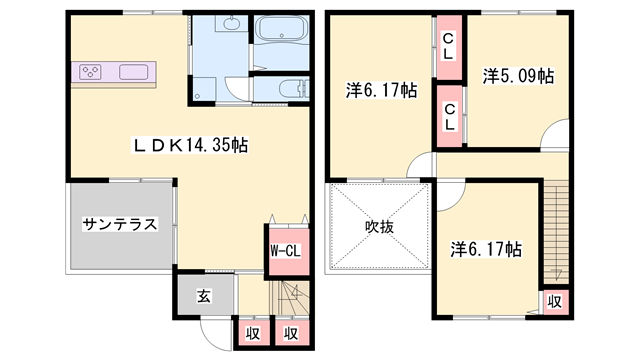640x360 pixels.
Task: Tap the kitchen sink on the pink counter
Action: point(134,72)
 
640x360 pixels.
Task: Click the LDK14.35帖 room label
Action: point(190,145)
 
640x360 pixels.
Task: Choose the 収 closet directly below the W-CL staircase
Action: point(290,333)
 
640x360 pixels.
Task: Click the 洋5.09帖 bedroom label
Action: point(519,75)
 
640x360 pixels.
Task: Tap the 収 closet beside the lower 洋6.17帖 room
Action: point(553,300)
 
